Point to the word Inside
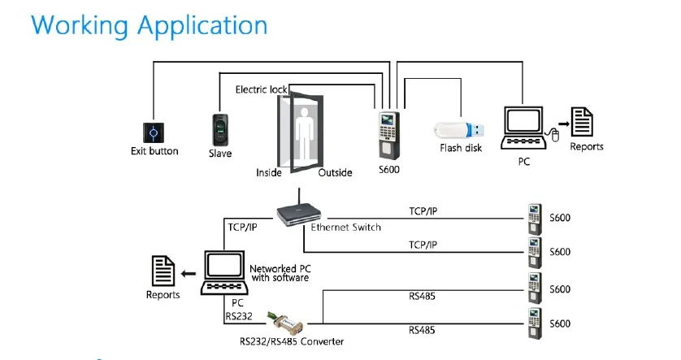coord(269,173)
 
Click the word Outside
coord(335,173)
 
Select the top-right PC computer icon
coord(523,127)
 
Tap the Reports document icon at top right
coord(583,123)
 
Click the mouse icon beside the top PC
coord(557,136)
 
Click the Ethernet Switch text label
coord(346,228)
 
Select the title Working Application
coord(149,24)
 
